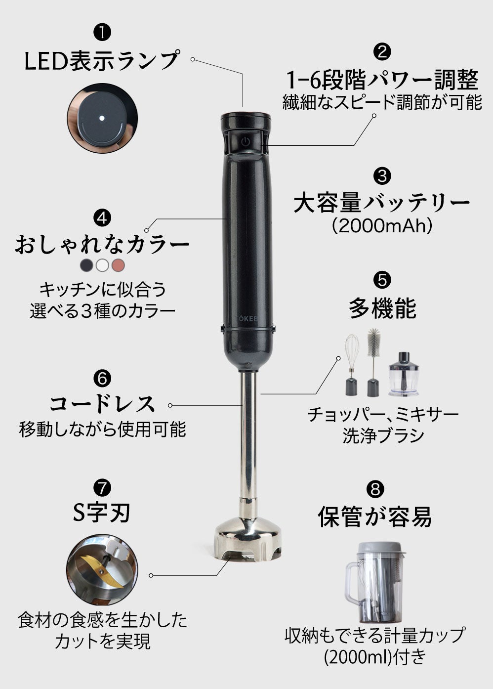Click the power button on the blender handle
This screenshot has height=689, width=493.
(246, 141)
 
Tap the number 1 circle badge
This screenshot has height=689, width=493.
(102, 33)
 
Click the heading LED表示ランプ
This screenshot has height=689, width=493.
(102, 60)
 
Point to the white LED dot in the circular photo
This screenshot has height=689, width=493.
(101, 119)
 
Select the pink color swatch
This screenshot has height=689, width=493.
(118, 265)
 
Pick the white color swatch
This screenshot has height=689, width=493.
(102, 265)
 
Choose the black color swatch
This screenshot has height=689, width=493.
(86, 265)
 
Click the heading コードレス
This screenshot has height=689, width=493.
(102, 404)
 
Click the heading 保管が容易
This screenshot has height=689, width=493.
(375, 517)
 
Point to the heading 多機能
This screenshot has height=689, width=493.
(382, 308)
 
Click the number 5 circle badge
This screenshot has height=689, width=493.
(382, 280)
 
